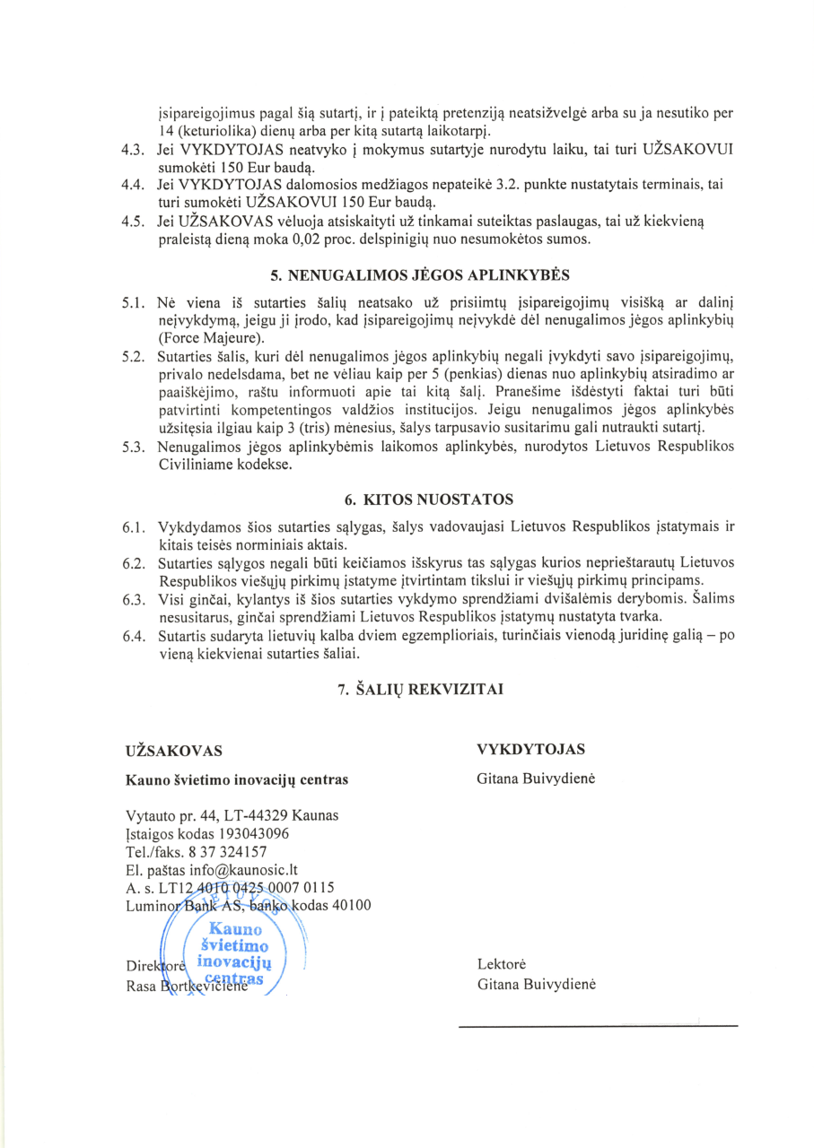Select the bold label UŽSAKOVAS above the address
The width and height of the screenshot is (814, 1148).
175,750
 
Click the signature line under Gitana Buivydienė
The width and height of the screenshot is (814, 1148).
598,1024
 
